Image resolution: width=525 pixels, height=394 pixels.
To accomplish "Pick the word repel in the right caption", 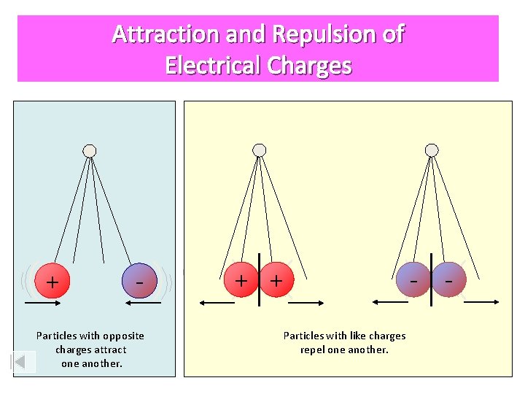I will pyautogui.click(x=314, y=349).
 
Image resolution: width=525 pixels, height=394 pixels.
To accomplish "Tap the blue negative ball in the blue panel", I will pyautogui.click(x=140, y=281).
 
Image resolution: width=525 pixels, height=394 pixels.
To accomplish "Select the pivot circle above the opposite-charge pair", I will pyautogui.click(x=90, y=151).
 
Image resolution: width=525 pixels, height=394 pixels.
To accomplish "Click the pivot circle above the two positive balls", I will pyautogui.click(x=259, y=150).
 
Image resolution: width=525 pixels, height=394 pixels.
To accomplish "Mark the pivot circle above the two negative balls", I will pyautogui.click(x=432, y=150).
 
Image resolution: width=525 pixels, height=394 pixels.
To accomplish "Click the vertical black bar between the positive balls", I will pyautogui.click(x=258, y=282).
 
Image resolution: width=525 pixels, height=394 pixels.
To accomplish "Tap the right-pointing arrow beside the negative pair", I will pyautogui.click(x=481, y=301).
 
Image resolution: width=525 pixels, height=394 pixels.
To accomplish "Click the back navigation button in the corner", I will pyautogui.click(x=24, y=362).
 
